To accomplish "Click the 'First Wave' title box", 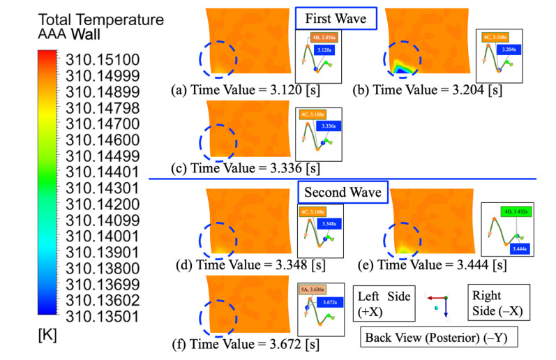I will coord(336,19).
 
